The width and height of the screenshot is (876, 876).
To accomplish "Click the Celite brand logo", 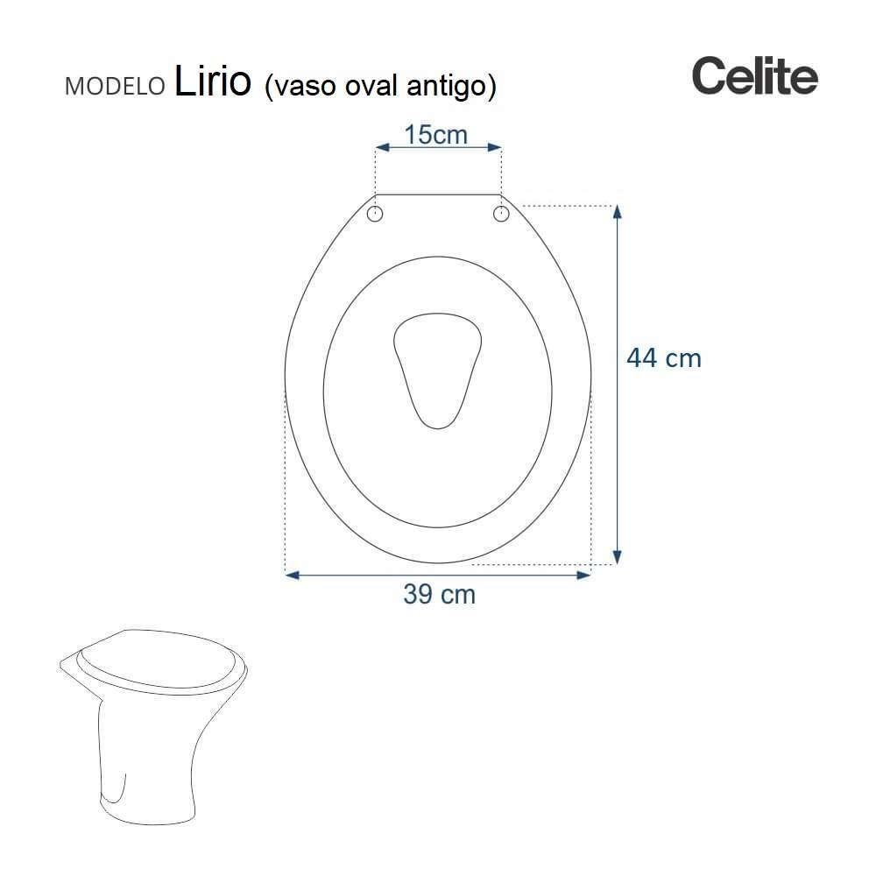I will (754, 76).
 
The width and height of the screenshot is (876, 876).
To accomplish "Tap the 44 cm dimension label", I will (663, 358).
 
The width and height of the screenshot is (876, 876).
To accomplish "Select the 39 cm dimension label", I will (439, 594).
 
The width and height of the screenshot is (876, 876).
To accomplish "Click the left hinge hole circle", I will (376, 214).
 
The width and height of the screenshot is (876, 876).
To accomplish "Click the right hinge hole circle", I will (501, 214).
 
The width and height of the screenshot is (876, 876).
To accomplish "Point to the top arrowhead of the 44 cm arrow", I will (617, 212).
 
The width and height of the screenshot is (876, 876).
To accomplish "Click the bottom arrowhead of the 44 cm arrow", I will (617, 557).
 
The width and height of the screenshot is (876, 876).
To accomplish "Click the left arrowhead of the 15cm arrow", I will (382, 148).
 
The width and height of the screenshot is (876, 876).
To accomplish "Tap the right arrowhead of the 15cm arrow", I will (495, 148).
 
